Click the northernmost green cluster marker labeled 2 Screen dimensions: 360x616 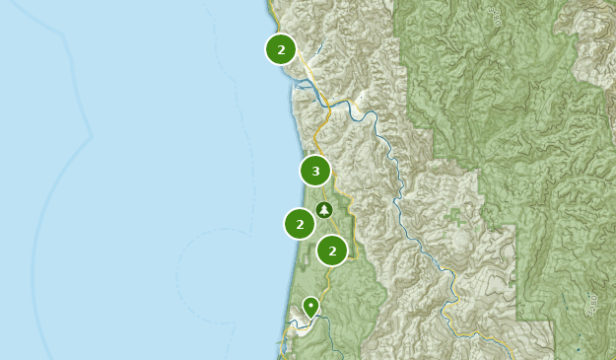pos(281,48)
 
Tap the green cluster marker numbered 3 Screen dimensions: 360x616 pos(315,171)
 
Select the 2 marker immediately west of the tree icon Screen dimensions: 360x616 pos(300,224)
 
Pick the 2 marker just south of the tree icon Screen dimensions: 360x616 pos(332,251)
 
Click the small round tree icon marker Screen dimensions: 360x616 pos(324,209)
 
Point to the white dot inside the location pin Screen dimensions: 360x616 pos(310,305)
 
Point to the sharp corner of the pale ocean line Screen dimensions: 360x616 pos(91,134)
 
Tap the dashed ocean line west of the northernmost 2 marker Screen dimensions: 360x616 pos(213,39)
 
